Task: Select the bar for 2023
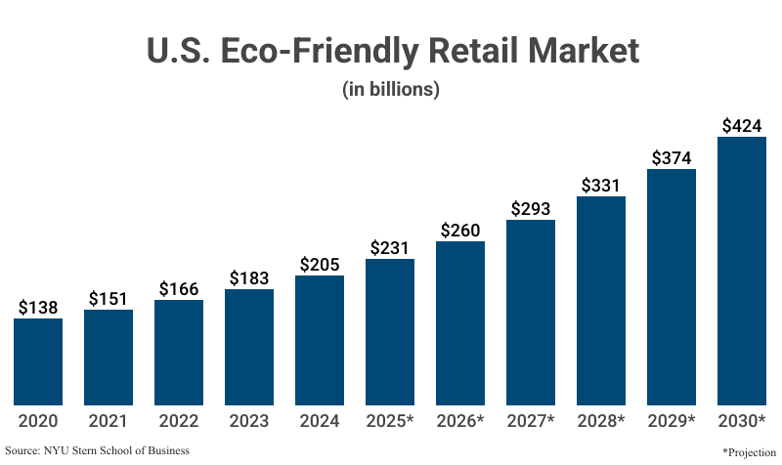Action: [249, 347]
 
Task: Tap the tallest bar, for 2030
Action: [742, 271]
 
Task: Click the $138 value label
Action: [38, 307]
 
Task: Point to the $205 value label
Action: [320, 264]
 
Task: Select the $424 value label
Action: [742, 125]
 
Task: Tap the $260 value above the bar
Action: [460, 230]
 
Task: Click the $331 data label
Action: [601, 185]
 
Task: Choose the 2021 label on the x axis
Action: [109, 421]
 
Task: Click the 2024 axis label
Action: [320, 421]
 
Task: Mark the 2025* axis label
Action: [390, 421]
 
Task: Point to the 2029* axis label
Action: [672, 421]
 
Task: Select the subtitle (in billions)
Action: [391, 89]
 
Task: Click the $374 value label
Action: [672, 158]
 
